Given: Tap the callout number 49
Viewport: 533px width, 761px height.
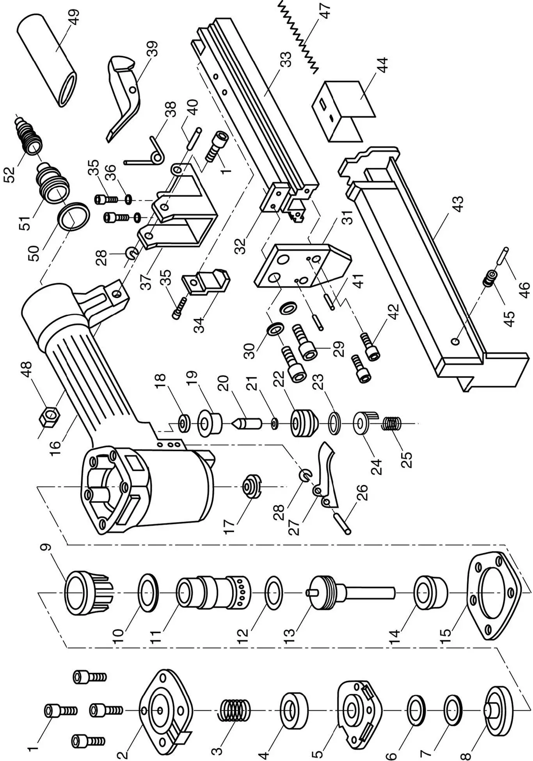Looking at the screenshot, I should (x=73, y=18).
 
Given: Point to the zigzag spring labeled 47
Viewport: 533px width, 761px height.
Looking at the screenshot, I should (x=300, y=37).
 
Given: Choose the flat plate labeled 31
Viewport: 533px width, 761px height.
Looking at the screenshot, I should (x=300, y=266).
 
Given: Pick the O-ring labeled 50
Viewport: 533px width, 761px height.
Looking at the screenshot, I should (x=74, y=217).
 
